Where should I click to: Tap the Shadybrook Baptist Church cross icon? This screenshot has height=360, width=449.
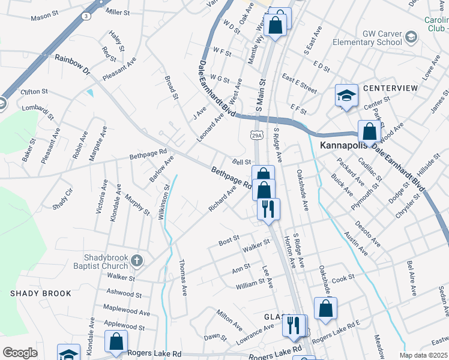coord(137,260)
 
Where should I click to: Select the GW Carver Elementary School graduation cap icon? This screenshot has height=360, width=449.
coord(411,38)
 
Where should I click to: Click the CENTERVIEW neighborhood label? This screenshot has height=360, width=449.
coord(390,88)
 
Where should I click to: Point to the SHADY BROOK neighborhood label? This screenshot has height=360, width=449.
coord(40,293)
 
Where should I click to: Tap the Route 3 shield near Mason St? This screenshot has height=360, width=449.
coord(86,17)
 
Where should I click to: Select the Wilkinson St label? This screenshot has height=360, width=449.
coord(161,203)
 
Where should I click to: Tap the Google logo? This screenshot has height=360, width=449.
coord(20,353)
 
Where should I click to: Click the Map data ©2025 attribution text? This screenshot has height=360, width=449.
coord(423,355)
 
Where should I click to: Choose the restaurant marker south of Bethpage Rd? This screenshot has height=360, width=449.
coord(268,209)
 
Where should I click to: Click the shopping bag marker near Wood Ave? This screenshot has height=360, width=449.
coord(369,131)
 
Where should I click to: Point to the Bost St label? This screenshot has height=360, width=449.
coord(229,241)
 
